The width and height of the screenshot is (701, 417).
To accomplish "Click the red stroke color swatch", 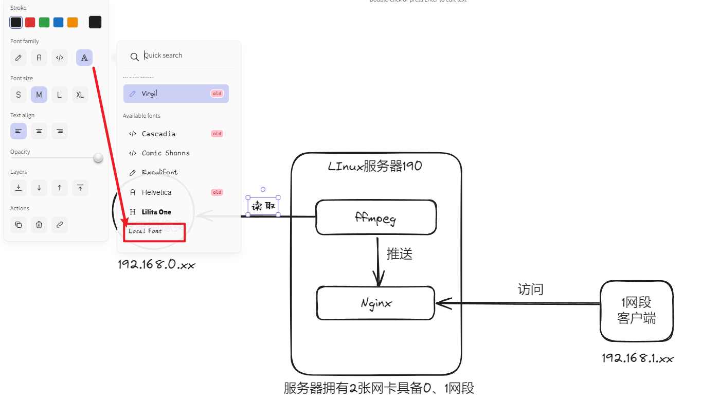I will pos(30,22).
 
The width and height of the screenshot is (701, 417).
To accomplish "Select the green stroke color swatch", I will pos(44,22).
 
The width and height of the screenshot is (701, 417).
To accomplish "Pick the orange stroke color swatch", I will pos(73,22).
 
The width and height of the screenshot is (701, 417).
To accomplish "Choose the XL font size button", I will pos(80,95).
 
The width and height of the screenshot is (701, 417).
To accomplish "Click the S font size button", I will pos(19,95).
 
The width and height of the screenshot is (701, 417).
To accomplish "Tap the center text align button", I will pos(39,131).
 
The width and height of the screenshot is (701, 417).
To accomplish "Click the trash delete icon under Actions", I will pos(39,225).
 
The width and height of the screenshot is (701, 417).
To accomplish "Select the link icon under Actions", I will pos(60,225).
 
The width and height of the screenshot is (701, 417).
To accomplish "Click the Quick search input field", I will pos(185,56).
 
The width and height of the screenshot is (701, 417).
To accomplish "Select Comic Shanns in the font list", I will pos(166,153).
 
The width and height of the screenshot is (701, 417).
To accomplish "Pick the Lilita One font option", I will pos(156,212).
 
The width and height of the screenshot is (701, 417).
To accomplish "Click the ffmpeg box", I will pos(376,217).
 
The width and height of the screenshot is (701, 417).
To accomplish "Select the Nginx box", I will pos(375,303).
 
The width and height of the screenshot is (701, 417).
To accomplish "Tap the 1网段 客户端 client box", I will pos(636,311).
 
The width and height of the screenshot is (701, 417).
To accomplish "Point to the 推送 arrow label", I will pos(400,253).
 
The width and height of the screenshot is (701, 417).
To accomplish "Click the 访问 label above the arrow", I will pos(530,289).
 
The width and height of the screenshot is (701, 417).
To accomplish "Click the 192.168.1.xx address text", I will pos(638,358).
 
